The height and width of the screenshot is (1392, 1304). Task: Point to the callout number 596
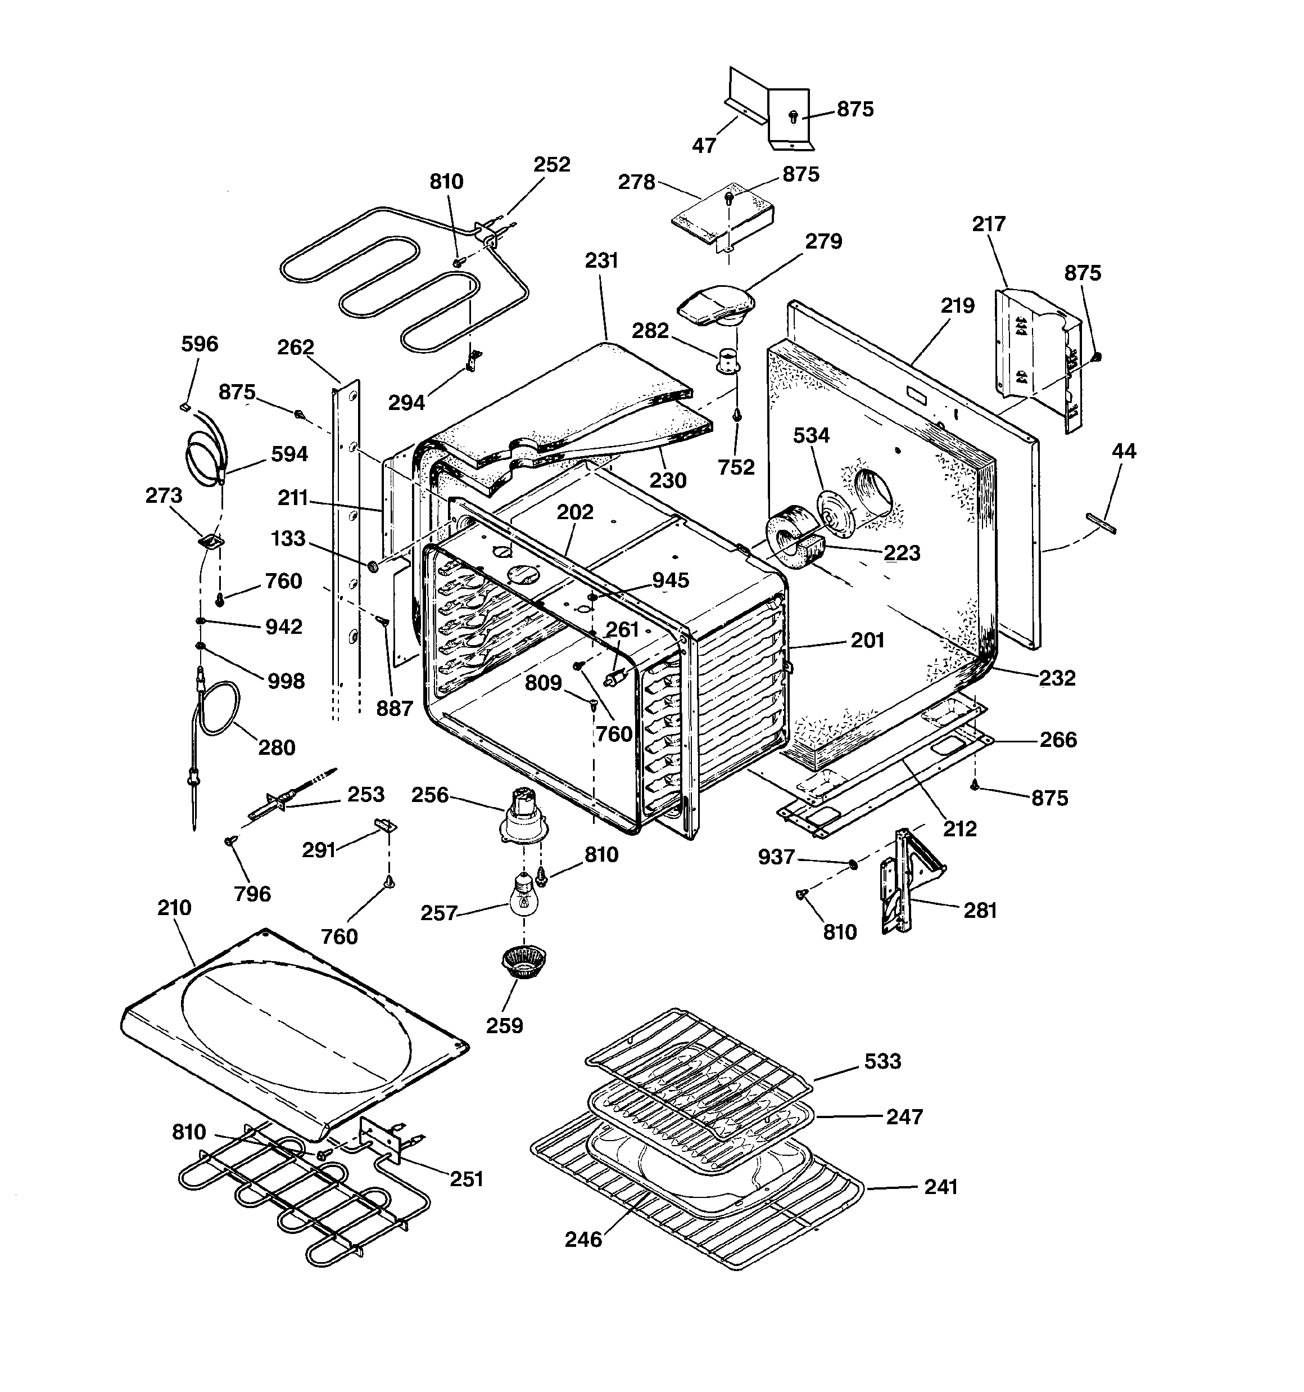pos(200,344)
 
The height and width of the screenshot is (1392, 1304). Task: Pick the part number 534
pos(811,435)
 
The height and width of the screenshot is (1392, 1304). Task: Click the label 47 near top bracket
pos(704,145)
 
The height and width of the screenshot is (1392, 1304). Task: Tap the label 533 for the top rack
pos(882,1061)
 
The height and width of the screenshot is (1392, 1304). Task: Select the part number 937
pos(777,857)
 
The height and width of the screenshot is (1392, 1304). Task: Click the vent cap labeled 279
pos(717,306)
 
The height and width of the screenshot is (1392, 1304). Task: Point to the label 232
pos(1057,678)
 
